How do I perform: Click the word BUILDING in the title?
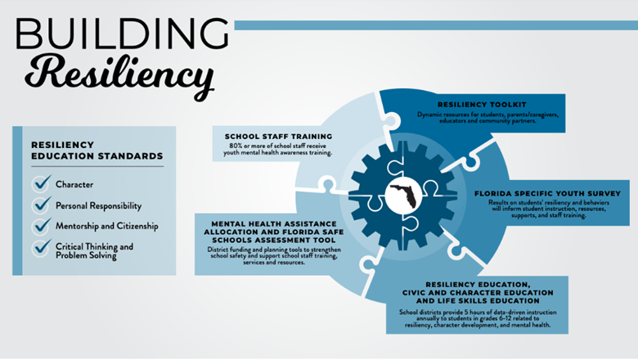(122, 34)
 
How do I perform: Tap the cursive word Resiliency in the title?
(119, 75)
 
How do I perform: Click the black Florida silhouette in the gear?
(403, 196)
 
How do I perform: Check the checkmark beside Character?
(42, 183)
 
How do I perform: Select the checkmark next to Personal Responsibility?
(42, 205)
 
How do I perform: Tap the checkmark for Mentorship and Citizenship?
(42, 225)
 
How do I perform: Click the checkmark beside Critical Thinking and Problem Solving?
(42, 247)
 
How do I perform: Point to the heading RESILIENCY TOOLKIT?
(482, 105)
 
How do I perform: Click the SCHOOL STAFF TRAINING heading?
(278, 137)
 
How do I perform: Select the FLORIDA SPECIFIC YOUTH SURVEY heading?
(548, 194)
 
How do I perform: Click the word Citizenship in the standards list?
(137, 226)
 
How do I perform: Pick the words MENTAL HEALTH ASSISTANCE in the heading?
(274, 223)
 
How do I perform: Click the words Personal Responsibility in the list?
(98, 206)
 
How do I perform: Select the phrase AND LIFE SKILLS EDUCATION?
(478, 301)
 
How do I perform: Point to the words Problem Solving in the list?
(86, 256)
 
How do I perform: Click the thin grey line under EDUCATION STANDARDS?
(97, 166)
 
